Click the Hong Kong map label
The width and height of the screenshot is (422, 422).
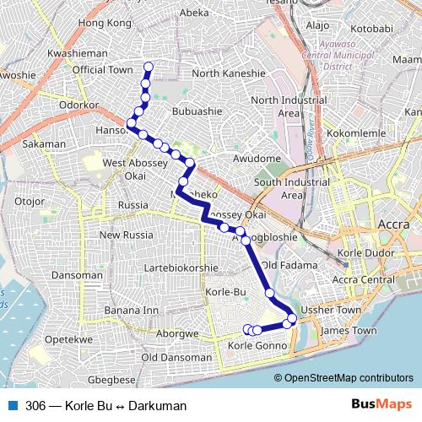click(x=105, y=24)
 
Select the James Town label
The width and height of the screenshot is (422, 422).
click(x=349, y=331)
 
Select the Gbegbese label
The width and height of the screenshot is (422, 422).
click(x=112, y=380)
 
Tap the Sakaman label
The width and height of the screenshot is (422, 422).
click(x=45, y=144)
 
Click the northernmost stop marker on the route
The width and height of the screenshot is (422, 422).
click(x=149, y=67)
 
